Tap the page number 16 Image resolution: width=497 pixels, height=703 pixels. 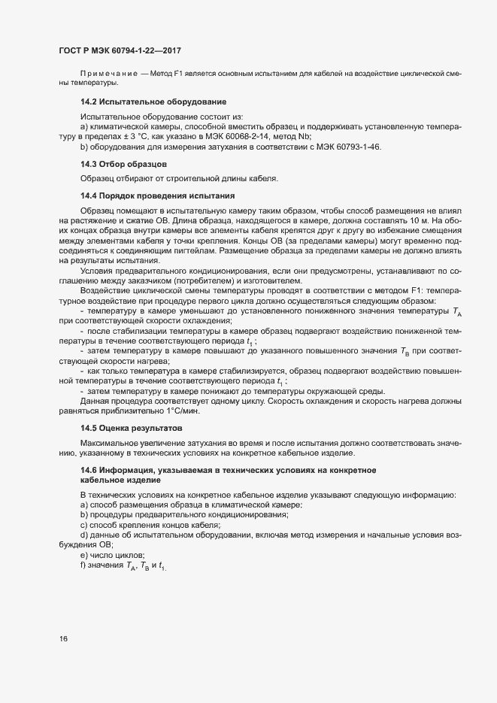(63, 639)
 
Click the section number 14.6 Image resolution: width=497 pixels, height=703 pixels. (89, 470)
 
